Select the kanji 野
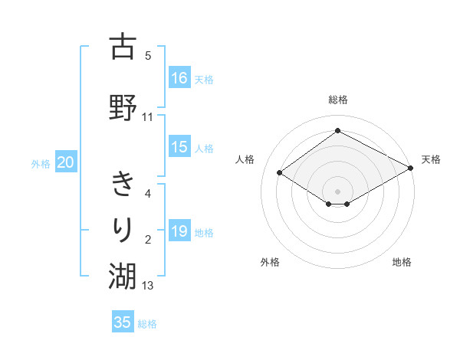click(123, 107)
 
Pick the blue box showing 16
click(179, 78)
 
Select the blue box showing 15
click(179, 147)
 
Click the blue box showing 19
click(179, 231)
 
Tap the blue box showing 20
click(66, 162)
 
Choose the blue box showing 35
click(123, 322)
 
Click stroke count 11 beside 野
click(148, 117)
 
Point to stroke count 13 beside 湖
click(148, 286)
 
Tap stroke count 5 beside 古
click(148, 55)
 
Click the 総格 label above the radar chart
click(337, 100)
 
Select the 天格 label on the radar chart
click(431, 159)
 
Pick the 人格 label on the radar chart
click(245, 159)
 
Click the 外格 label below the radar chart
click(270, 262)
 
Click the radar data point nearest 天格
click(411, 169)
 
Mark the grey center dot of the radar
click(337, 191)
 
